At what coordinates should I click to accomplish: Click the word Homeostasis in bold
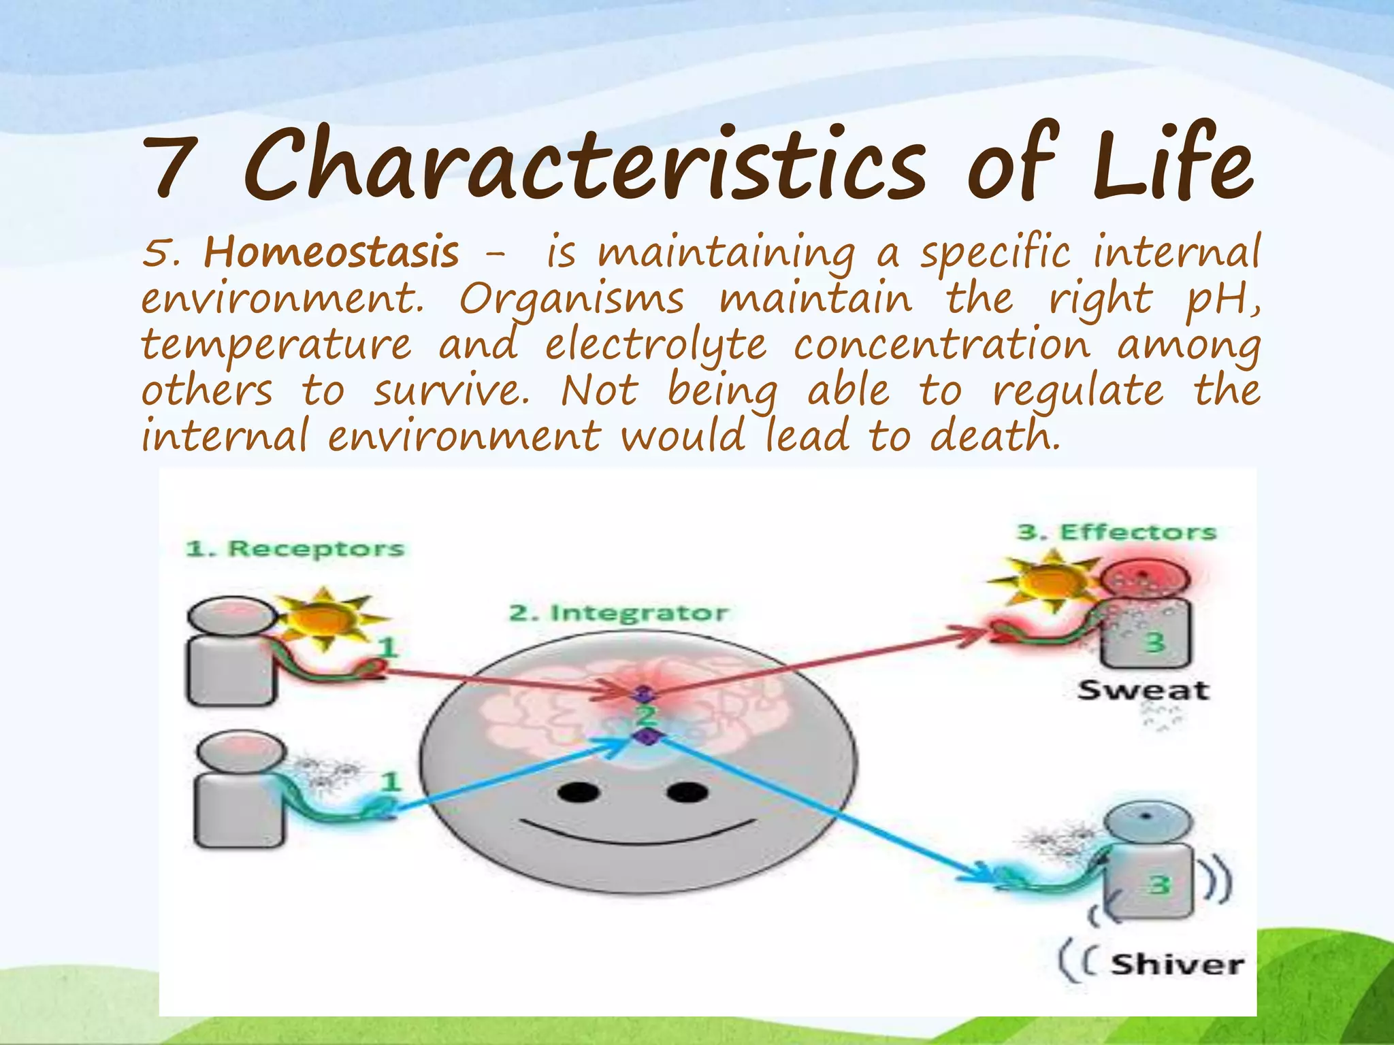click(x=331, y=252)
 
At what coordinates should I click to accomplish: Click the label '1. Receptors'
click(x=295, y=548)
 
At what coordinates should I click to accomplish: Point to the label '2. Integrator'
click(x=618, y=613)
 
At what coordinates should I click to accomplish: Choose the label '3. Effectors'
click(x=1116, y=532)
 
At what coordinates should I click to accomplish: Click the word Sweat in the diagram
click(x=1144, y=691)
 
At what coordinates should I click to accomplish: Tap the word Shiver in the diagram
click(x=1177, y=965)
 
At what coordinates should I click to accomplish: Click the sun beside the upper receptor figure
click(x=325, y=617)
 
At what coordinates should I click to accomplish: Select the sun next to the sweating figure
click(x=1048, y=582)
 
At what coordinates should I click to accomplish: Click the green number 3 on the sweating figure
click(x=1154, y=641)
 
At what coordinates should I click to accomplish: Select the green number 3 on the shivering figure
click(x=1159, y=884)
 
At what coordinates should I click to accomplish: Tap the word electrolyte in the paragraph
click(x=655, y=346)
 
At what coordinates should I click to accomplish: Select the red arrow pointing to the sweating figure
click(x=817, y=663)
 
